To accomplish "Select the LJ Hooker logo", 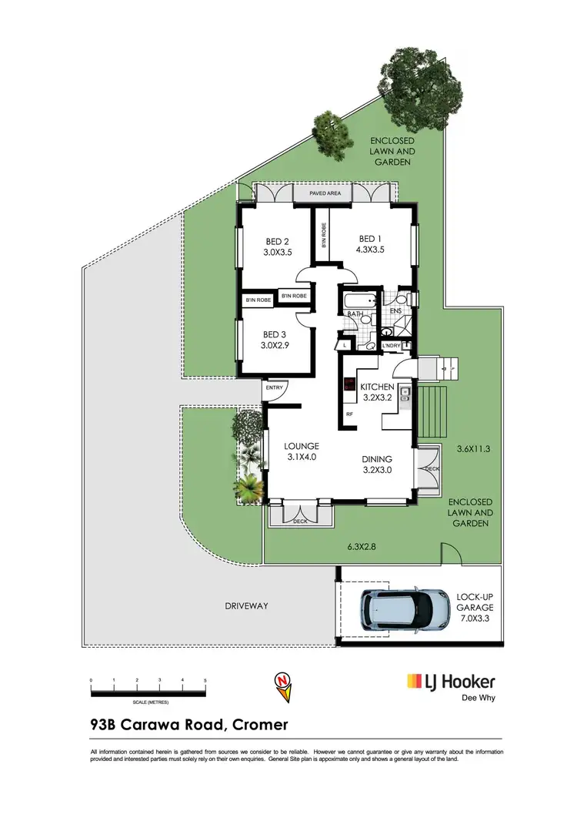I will click(451, 682).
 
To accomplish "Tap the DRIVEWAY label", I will click(247, 606).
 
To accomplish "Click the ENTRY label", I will click(274, 387).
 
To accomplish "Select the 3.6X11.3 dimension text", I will click(474, 448).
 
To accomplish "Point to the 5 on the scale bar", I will click(205, 681).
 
